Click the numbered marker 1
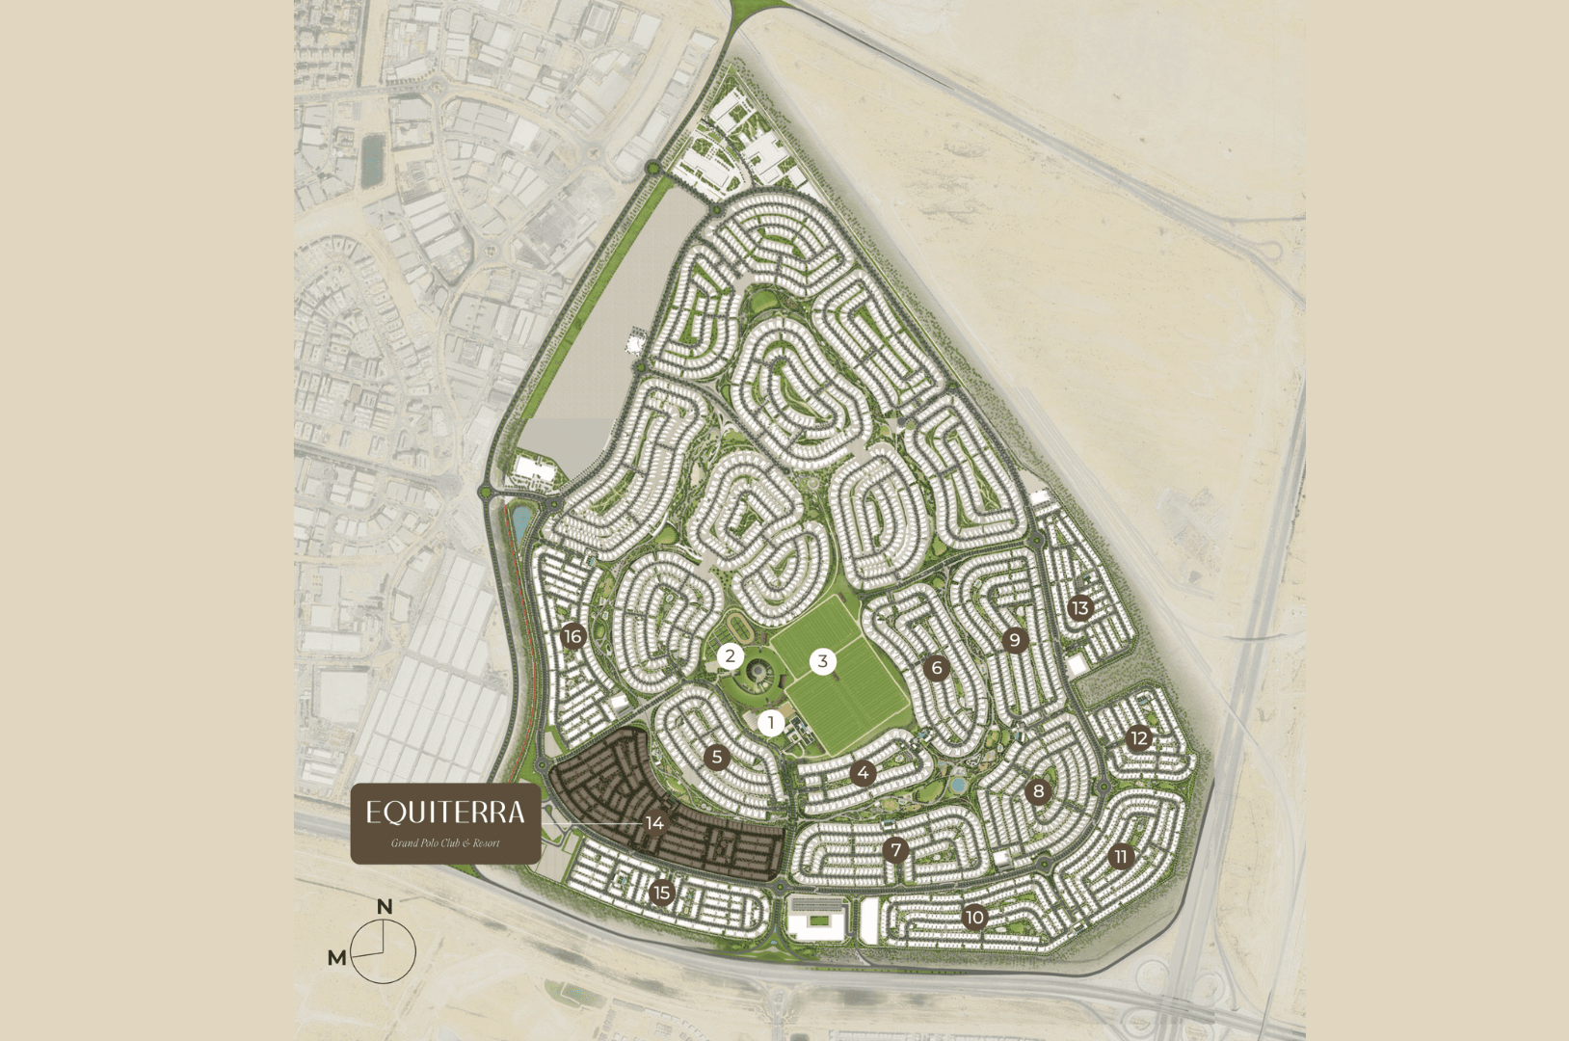click(x=771, y=722)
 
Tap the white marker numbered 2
click(x=731, y=657)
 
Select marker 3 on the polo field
click(x=823, y=661)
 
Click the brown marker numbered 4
click(x=864, y=773)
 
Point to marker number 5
click(x=716, y=757)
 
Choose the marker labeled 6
click(x=936, y=667)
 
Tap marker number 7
click(x=896, y=850)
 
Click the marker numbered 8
click(x=1038, y=792)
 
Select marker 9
click(x=1014, y=640)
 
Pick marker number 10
click(x=974, y=917)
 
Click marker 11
click(x=1120, y=857)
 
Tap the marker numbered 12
click(x=1139, y=738)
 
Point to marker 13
click(x=1079, y=608)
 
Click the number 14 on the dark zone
click(x=655, y=823)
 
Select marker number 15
click(x=661, y=893)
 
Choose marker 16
click(x=573, y=636)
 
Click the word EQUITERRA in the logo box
click(x=445, y=813)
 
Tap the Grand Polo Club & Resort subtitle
click(x=445, y=843)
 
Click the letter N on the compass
click(x=385, y=907)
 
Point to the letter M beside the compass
click(x=336, y=957)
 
